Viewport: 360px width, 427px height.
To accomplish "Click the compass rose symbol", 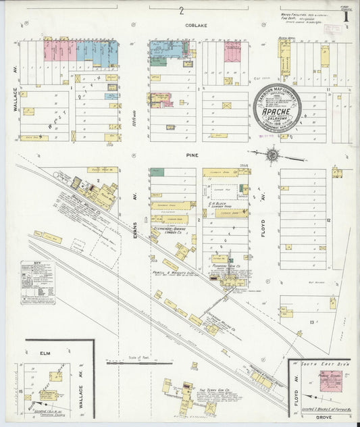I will click(272, 155).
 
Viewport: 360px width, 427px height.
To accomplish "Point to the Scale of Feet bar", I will click(145, 363).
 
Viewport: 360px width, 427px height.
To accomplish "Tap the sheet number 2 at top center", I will click(181, 10).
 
